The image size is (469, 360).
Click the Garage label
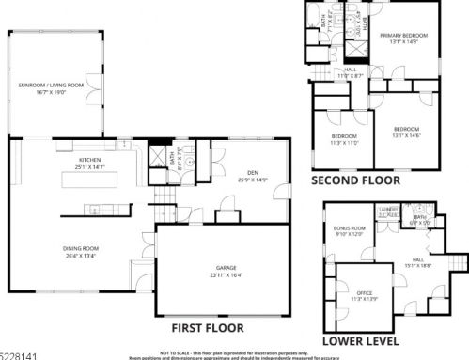click(227, 270)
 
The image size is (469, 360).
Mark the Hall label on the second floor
click(350, 72)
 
